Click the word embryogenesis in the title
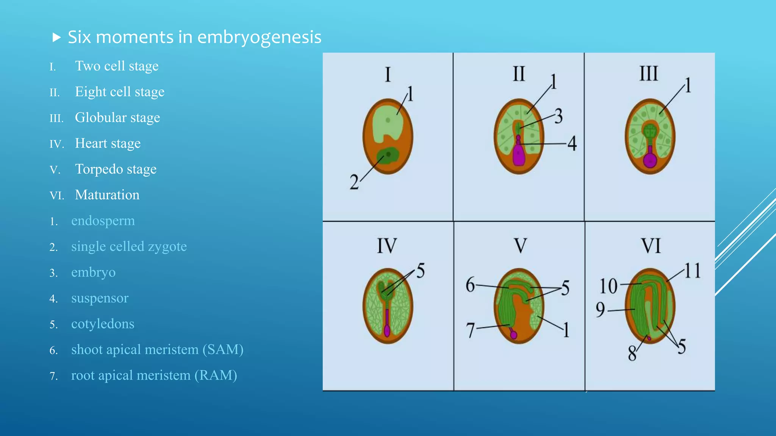259,37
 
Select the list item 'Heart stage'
108,143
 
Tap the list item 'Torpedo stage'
116,169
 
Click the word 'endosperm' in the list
103,221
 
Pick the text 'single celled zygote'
129,246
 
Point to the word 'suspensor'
100,298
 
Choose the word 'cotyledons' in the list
103,324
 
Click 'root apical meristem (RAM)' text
154,375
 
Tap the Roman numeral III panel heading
649,74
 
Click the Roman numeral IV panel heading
387,246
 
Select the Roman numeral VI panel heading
651,246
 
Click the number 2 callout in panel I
354,182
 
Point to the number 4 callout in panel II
572,143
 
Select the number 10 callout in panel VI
609,286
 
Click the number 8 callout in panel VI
632,353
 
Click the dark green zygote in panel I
388,156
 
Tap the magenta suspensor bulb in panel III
650,160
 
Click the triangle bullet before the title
56,37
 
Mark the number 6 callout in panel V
470,285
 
